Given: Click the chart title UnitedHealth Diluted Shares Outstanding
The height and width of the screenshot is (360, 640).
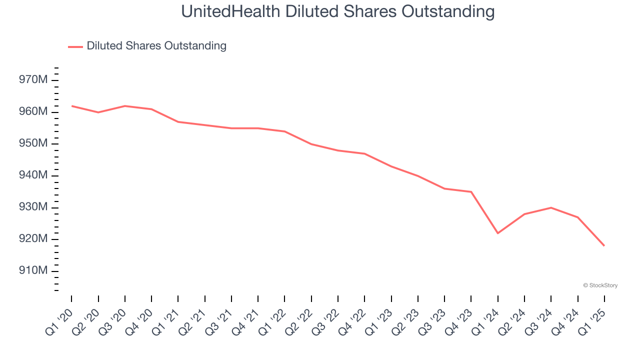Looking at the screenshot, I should coord(337,11).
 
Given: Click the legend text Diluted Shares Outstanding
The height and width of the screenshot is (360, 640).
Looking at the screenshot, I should coord(156,46).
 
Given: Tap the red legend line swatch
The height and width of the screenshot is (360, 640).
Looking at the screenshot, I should coord(75,46).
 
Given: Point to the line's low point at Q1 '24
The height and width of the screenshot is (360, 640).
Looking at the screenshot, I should coord(498,233).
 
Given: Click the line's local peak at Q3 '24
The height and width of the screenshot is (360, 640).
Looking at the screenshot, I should coord(551,207).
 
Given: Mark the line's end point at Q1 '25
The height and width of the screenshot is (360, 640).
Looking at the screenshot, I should coord(604,245).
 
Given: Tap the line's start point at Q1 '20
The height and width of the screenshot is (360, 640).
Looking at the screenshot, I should coord(71,106).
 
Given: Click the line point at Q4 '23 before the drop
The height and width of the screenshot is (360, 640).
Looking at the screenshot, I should coord(471,191).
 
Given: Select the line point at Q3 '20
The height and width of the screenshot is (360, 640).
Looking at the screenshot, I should coord(125,106).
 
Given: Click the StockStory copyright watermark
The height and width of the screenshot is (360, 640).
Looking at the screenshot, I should coord(600,285).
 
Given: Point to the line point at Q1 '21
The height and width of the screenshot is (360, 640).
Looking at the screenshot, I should coord(178,122).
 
